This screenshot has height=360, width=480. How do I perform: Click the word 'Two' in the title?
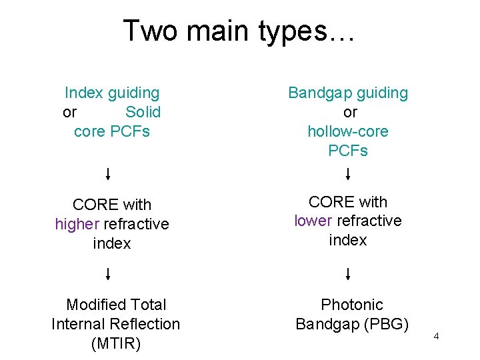click(150, 31)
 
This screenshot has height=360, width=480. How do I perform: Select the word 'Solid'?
click(143, 112)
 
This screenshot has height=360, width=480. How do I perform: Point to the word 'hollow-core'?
click(348, 131)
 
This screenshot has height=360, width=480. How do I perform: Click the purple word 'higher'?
click(77, 224)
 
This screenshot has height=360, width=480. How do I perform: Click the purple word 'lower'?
click(313, 221)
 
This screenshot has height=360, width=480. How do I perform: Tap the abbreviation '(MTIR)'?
click(115, 343)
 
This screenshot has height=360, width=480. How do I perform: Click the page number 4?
click(436, 336)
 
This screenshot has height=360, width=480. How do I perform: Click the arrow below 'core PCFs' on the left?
click(109, 175)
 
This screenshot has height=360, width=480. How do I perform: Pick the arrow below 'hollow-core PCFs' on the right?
click(348, 175)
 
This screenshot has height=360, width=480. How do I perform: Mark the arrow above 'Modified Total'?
click(109, 274)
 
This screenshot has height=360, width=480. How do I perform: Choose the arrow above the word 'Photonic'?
click(348, 274)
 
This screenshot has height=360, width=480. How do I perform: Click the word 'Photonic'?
click(352, 305)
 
